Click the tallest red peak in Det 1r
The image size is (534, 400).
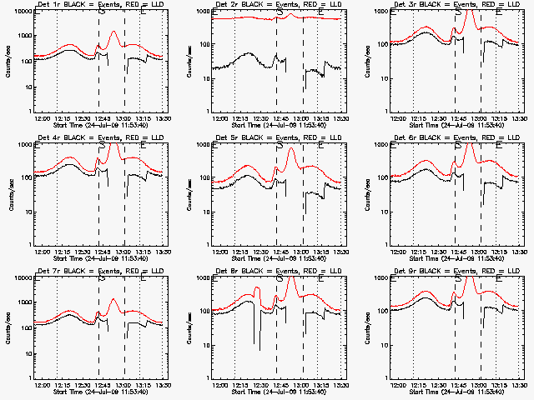pyautogui.click(x=113, y=32)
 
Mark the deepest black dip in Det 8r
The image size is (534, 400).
pyautogui.click(x=256, y=342)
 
